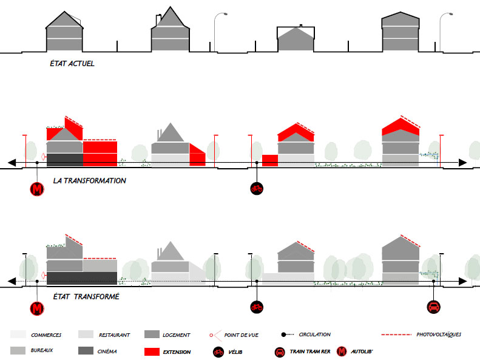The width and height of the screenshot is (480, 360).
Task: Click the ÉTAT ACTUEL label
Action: click(72, 64)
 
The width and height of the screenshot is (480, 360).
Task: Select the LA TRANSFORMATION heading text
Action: click(89, 181)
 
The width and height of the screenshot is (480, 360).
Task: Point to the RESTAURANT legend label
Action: click(115, 335)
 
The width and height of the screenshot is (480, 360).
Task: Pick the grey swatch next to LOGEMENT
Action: click(152, 335)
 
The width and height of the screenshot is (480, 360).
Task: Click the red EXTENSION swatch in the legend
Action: click(152, 352)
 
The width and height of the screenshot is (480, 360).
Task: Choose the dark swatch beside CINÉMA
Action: click(86, 351)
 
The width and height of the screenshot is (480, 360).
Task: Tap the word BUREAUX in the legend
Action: click(42, 352)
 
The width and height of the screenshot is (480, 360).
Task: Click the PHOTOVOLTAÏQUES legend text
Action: click(439, 335)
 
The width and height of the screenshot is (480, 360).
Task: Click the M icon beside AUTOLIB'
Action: click(343, 352)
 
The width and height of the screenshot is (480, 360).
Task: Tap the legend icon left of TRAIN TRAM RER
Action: click(280, 352)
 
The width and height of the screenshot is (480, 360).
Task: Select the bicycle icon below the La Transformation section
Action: click(256, 189)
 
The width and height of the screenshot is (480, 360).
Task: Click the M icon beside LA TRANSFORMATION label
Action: click(38, 189)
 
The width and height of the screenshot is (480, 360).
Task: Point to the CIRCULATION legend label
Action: click(314, 335)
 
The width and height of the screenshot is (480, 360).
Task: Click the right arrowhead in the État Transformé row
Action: click(464, 281)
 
